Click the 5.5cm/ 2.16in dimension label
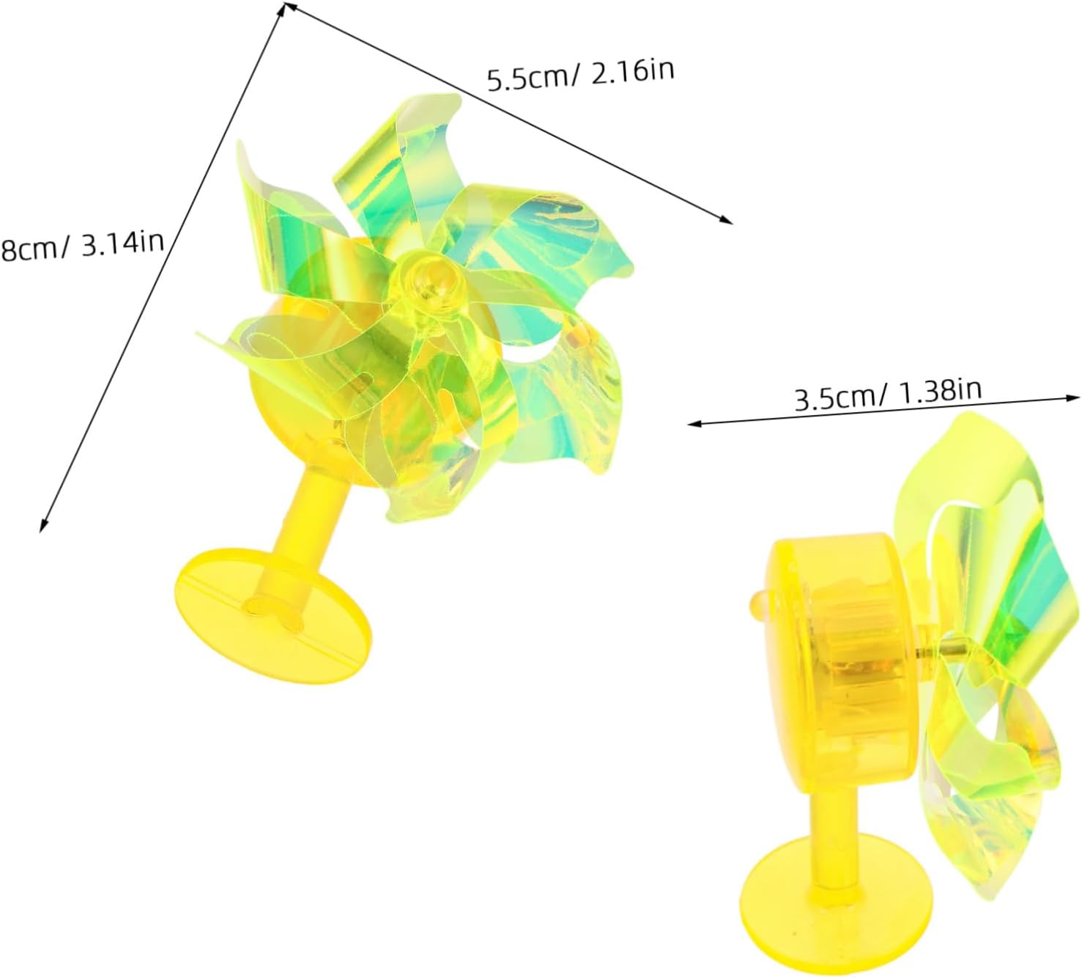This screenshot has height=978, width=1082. click(581, 76)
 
